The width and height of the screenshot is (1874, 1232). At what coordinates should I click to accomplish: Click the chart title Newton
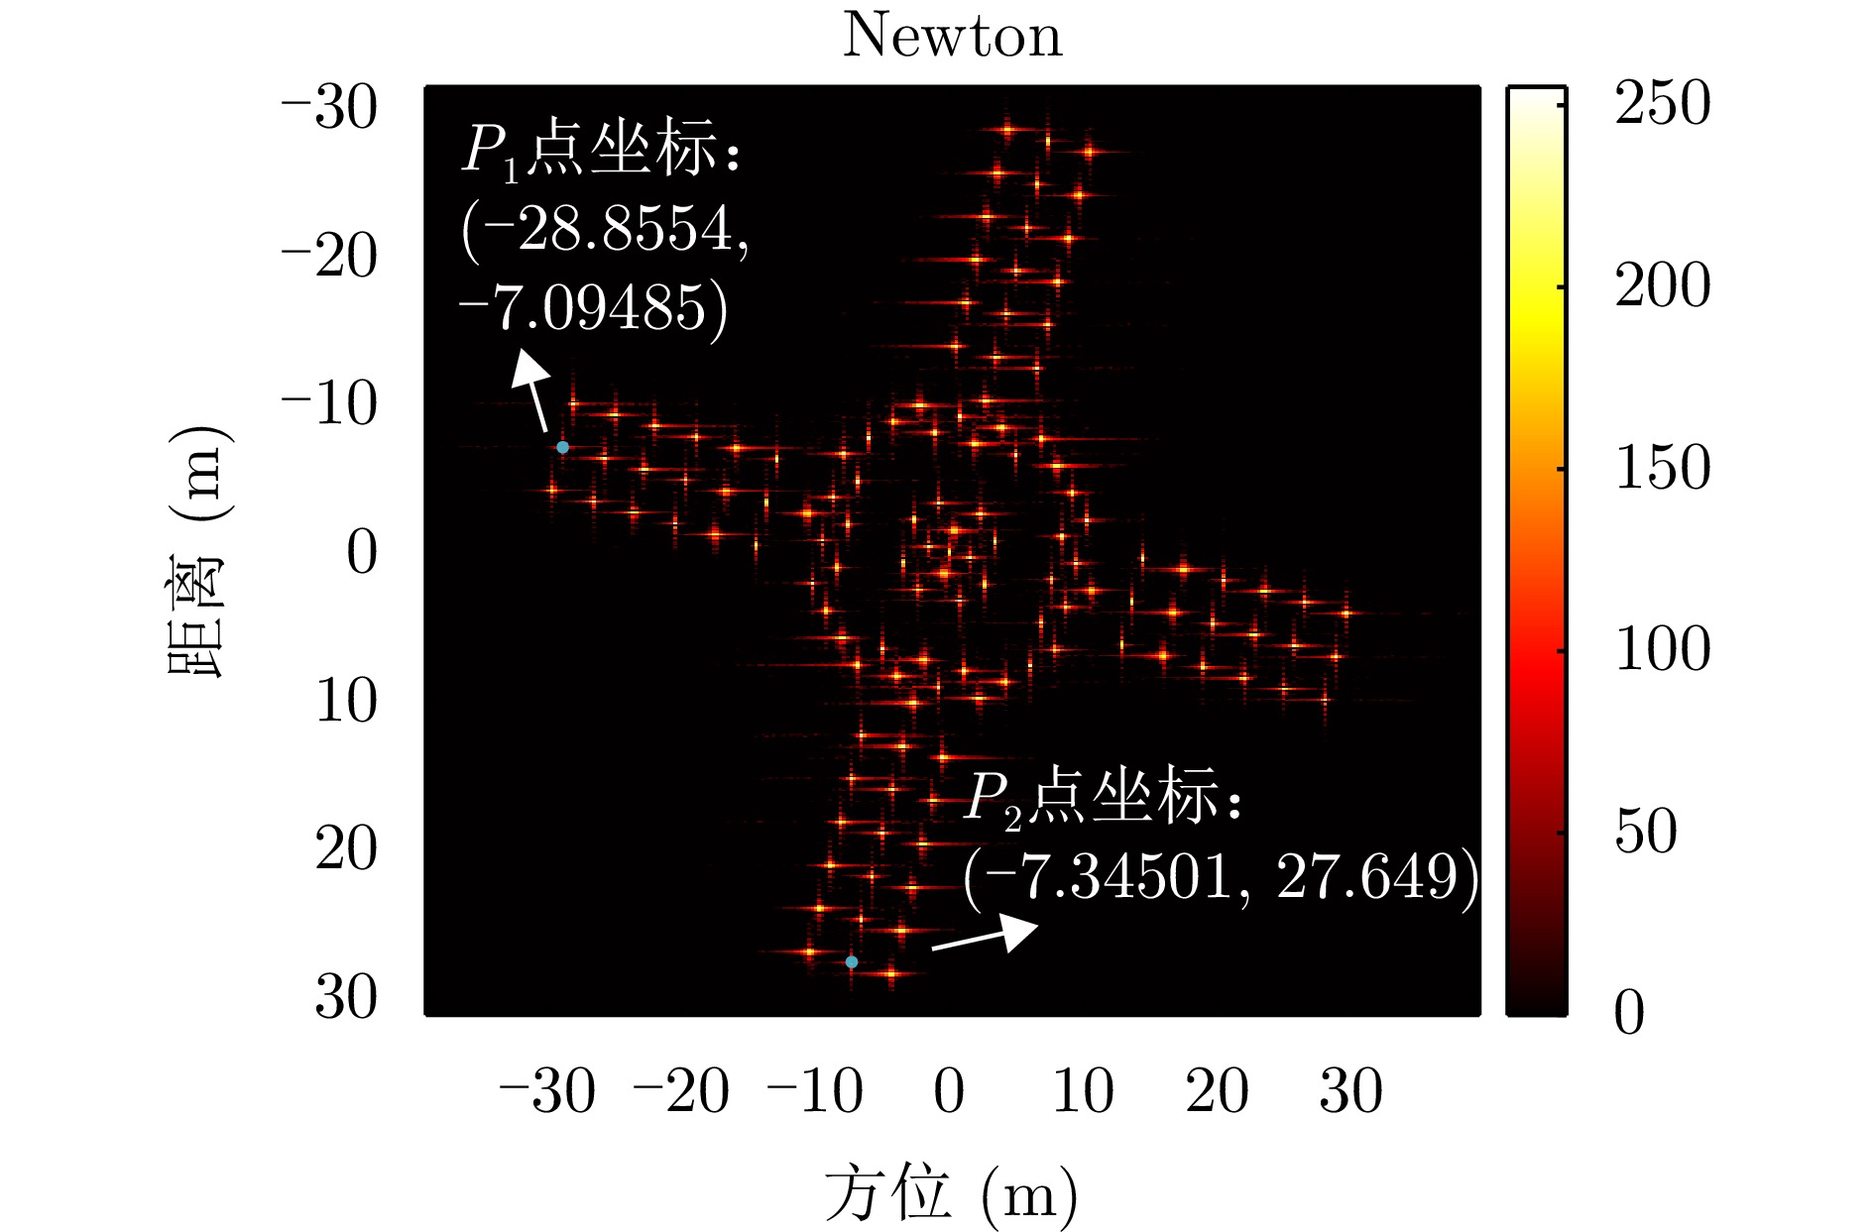coord(952,36)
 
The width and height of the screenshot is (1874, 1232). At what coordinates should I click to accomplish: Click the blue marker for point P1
coord(562,447)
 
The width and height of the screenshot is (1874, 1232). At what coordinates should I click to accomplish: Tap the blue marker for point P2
coord(852,961)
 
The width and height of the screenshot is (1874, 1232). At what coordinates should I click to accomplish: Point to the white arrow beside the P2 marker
coord(986,935)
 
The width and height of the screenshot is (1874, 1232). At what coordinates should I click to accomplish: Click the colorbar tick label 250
coord(1663,103)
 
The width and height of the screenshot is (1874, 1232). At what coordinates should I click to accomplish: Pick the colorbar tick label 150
coord(1663,468)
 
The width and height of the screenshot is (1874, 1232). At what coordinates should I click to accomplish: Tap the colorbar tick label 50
coord(1646,832)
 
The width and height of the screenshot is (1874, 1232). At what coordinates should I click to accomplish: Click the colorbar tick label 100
coord(1663,650)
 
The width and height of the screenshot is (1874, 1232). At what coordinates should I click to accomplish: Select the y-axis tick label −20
coord(329,257)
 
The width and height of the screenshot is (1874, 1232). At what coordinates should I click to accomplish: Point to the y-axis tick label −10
coord(329,404)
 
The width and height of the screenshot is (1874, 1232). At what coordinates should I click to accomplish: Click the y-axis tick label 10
coord(346,701)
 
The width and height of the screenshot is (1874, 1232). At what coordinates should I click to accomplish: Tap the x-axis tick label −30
coord(547,1091)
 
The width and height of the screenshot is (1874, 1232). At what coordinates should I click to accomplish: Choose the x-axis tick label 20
coord(1217,1091)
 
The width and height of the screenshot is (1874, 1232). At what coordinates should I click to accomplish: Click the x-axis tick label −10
coord(815,1091)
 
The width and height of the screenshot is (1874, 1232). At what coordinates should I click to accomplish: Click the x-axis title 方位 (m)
coord(951,1194)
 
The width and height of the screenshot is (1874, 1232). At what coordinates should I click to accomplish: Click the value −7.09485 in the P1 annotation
coord(592,308)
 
